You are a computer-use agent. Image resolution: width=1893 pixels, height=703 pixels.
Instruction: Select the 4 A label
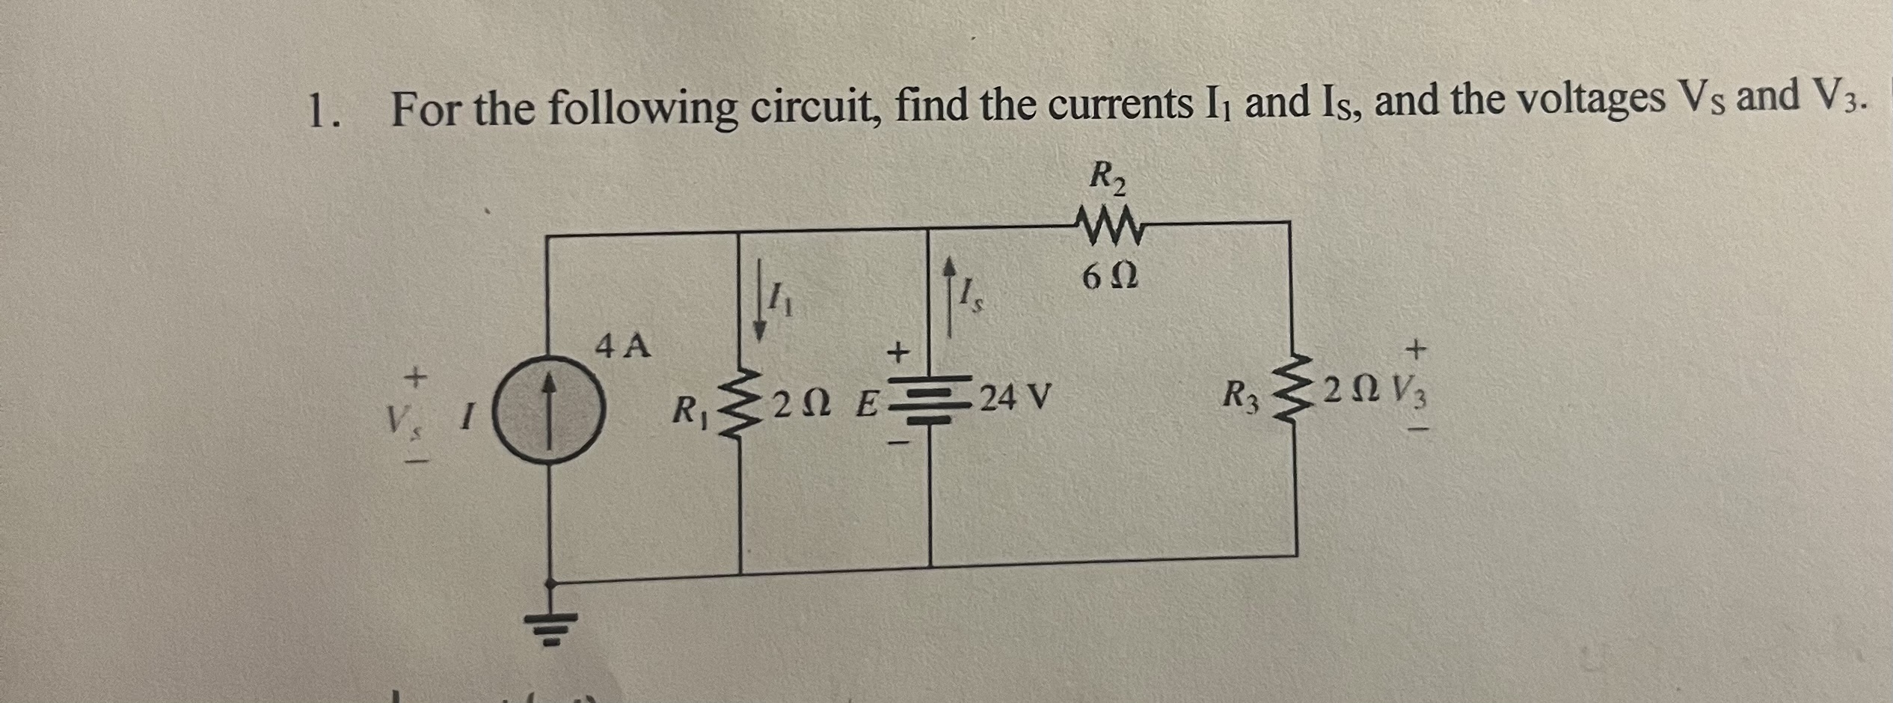(623, 346)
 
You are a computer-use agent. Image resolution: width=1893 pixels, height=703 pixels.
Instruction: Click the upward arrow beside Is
(951, 294)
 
